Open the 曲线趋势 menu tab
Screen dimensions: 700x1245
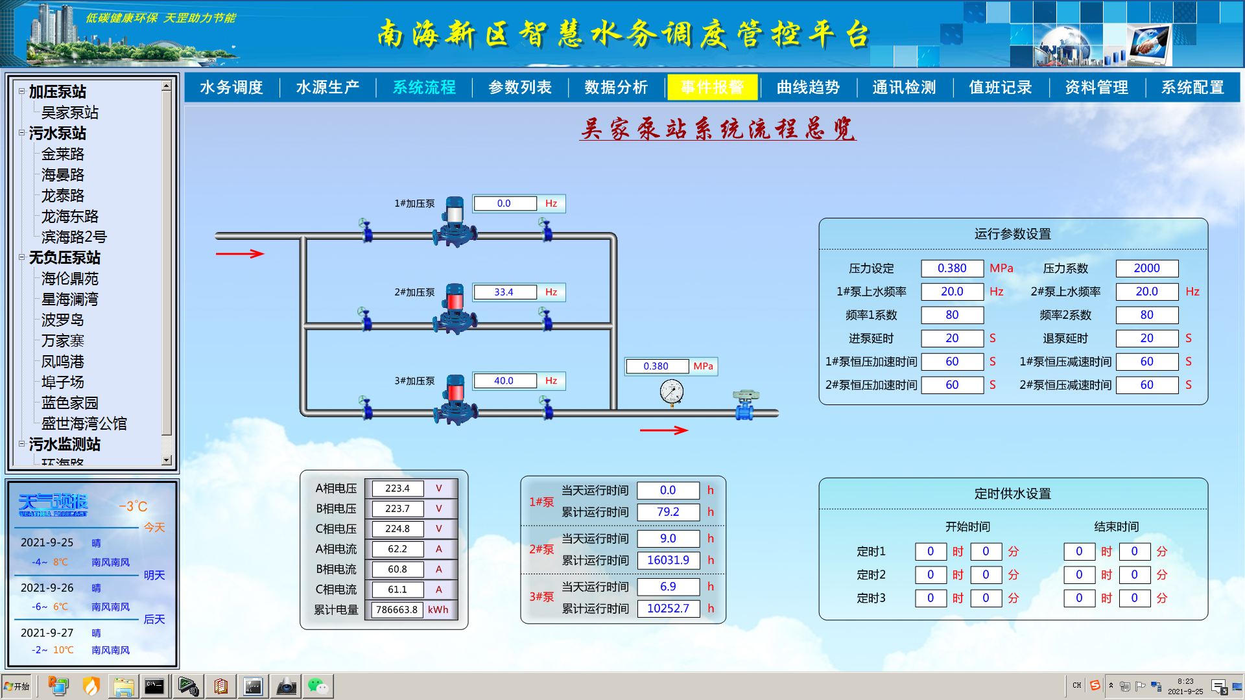(x=808, y=87)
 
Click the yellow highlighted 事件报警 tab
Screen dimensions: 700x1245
(x=712, y=87)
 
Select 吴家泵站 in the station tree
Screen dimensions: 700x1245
(x=70, y=113)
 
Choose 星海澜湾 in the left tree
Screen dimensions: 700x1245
(x=70, y=299)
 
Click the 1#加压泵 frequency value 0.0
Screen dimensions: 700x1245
(x=504, y=204)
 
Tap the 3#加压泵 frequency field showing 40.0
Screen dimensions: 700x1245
(x=504, y=381)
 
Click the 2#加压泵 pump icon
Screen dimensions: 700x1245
(x=455, y=309)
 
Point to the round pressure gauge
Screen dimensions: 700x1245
(x=672, y=392)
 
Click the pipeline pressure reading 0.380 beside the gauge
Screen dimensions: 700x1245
(x=656, y=366)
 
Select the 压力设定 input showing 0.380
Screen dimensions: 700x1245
(x=952, y=268)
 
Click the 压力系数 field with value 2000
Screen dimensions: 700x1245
(x=1146, y=268)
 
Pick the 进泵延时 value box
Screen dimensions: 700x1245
(x=952, y=338)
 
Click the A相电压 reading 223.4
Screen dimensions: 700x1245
(x=397, y=489)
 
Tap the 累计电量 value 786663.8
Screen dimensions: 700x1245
(x=397, y=610)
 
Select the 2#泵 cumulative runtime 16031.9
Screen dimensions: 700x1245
(x=668, y=560)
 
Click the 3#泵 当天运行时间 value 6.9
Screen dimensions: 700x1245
(x=668, y=587)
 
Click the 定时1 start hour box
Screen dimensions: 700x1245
(x=931, y=552)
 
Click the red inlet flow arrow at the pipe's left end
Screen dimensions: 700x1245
(x=239, y=253)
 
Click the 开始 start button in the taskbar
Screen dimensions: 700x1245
(x=18, y=686)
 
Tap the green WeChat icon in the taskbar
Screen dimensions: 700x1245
(x=318, y=686)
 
